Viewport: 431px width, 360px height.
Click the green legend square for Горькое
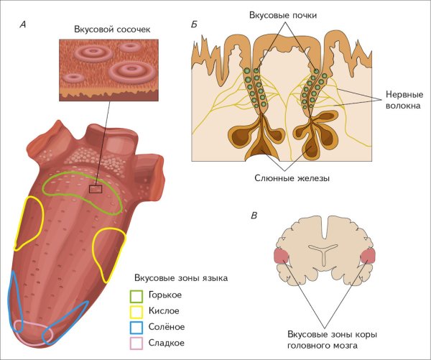[x=136, y=295]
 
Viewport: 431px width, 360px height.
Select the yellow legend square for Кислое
[x=136, y=311]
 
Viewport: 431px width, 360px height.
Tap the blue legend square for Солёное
[x=136, y=327]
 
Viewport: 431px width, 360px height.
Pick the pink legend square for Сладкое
[x=136, y=343]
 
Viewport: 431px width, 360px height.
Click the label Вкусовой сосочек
[x=106, y=29]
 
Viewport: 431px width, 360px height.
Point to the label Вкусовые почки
[x=284, y=14]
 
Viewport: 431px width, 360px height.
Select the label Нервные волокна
[x=402, y=100]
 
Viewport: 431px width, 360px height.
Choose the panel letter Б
[x=195, y=24]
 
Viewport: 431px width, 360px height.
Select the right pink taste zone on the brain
[x=368, y=256]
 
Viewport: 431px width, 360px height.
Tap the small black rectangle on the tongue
[x=96, y=189]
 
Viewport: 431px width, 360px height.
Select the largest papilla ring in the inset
[x=132, y=70]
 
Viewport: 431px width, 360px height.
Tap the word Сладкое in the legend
[x=166, y=343]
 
